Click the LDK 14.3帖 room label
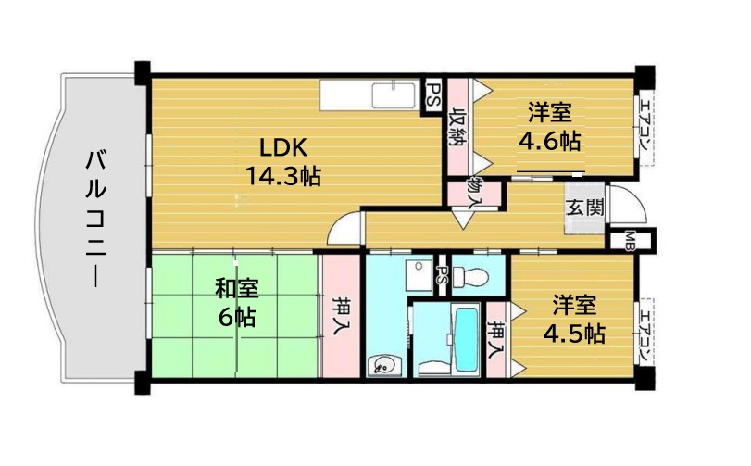(x=283, y=161)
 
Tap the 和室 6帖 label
(x=237, y=302)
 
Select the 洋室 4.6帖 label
(x=550, y=127)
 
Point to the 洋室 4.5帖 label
(x=574, y=320)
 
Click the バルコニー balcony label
(x=95, y=219)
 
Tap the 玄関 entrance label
(x=585, y=208)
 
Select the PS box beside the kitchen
(x=433, y=96)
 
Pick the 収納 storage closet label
(x=457, y=126)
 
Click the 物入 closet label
(x=475, y=193)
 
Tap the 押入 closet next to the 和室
(x=341, y=316)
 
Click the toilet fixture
(x=471, y=276)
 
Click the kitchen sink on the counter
(x=394, y=95)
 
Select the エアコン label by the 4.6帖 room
(x=644, y=124)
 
